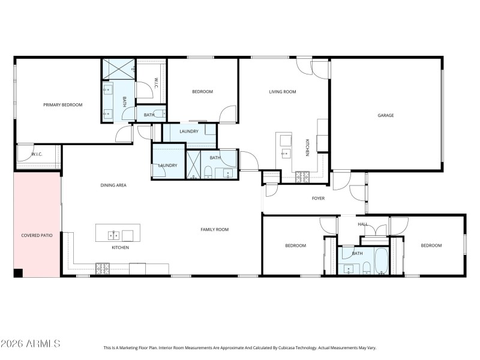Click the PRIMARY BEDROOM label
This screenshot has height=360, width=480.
pyautogui.click(x=62, y=105)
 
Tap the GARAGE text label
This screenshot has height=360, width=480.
pyautogui.click(x=385, y=115)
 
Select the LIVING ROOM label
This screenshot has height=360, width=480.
pyautogui.click(x=283, y=92)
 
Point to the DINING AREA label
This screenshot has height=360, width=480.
pyautogui.click(x=113, y=185)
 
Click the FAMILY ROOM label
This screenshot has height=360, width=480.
pyautogui.click(x=214, y=229)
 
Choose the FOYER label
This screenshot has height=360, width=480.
pyautogui.click(x=318, y=198)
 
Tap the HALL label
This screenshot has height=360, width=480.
pyautogui.click(x=362, y=224)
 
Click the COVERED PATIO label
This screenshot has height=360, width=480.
pyautogui.click(x=37, y=235)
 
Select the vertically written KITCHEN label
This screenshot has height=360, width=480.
pyautogui.click(x=307, y=148)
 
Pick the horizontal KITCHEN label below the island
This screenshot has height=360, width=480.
pyautogui.click(x=120, y=247)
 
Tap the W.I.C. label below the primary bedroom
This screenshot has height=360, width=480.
pyautogui.click(x=37, y=154)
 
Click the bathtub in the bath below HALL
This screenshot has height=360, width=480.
pyautogui.click(x=382, y=262)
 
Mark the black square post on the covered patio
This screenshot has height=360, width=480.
pyautogui.click(x=18, y=273)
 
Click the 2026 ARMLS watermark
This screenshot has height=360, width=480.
pyautogui.click(x=30, y=344)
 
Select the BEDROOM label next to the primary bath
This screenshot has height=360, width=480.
pyautogui.click(x=202, y=92)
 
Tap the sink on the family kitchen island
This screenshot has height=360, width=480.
pyautogui.click(x=110, y=235)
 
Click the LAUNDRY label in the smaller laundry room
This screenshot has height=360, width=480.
pyautogui.click(x=167, y=165)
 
